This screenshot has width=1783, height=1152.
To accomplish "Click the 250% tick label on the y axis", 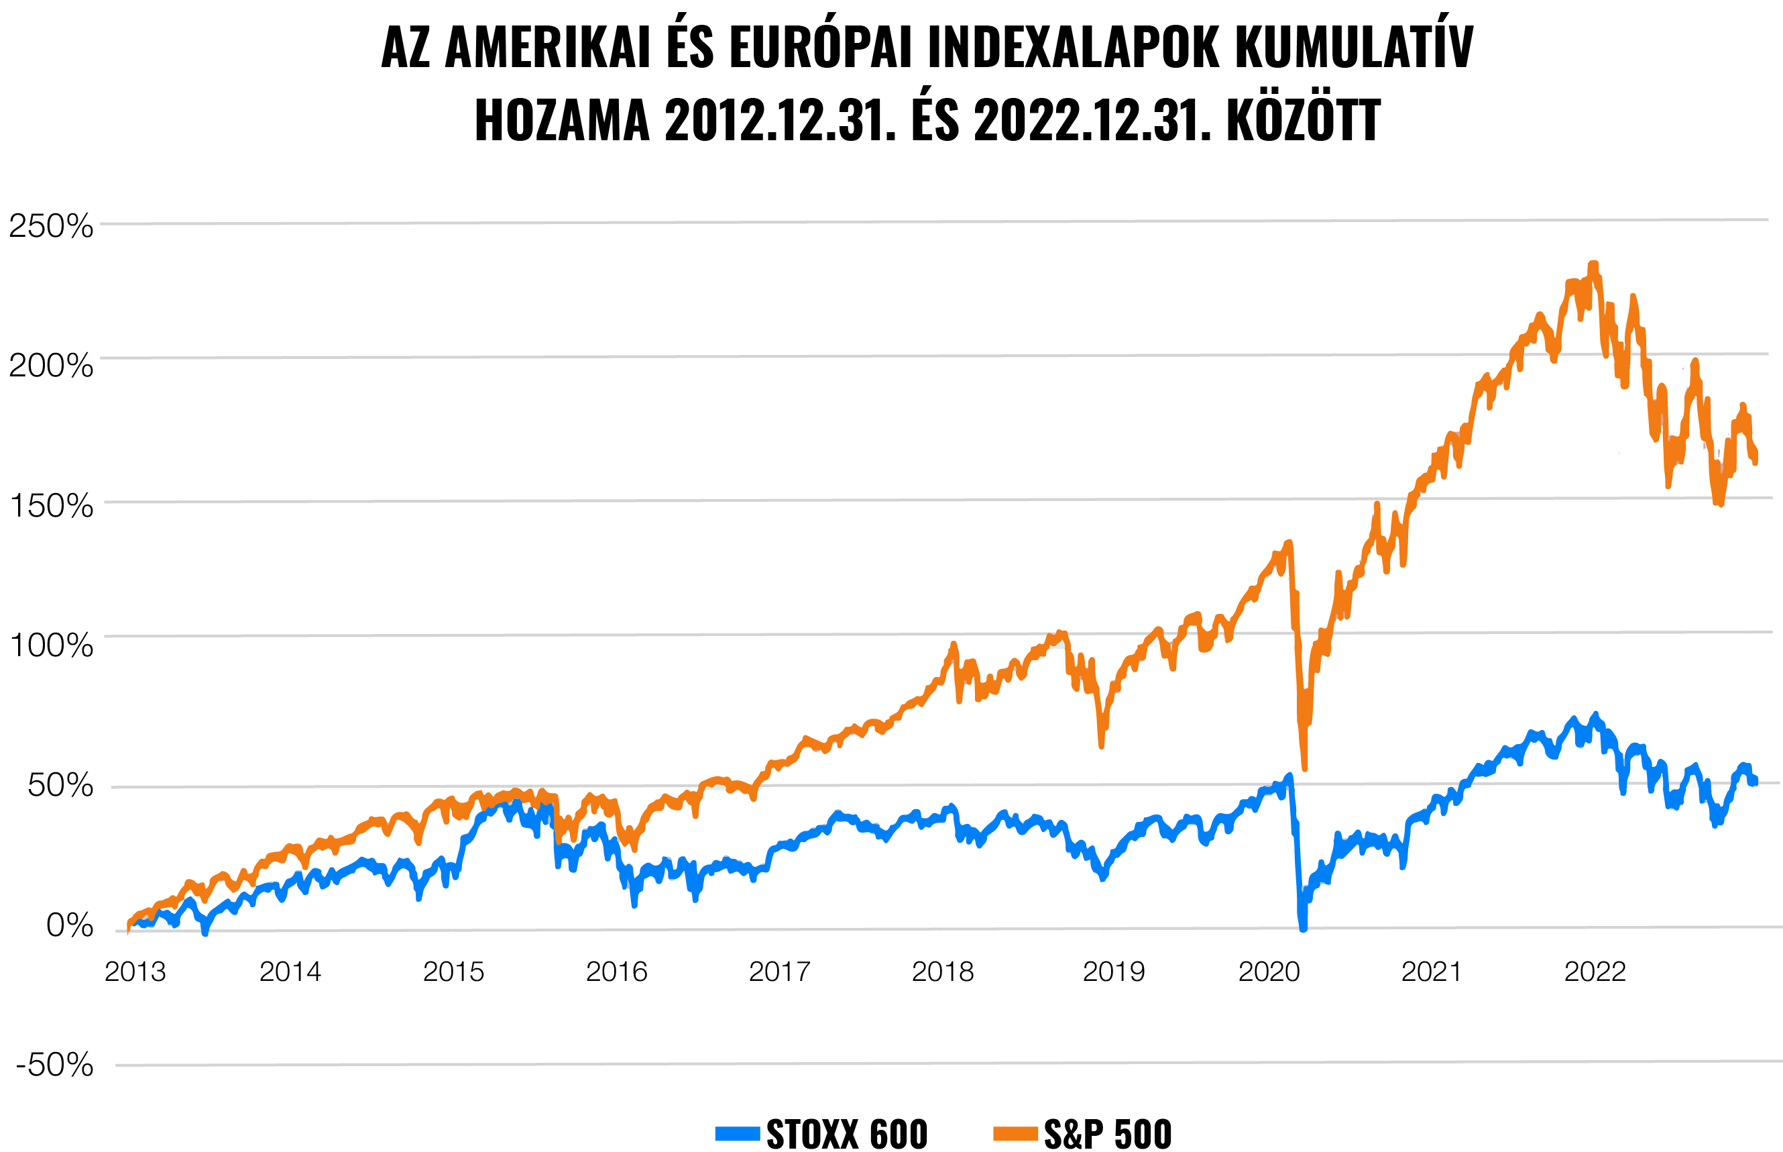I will (51, 225).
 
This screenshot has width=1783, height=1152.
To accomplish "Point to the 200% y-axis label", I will (51, 366).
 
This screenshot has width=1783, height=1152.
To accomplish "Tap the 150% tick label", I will (51, 506).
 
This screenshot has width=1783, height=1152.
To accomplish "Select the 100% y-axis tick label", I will (51, 645).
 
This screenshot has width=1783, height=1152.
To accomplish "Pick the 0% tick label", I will (70, 925).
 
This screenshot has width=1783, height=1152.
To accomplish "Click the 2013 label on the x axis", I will (135, 972).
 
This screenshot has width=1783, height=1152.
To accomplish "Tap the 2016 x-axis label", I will (616, 972).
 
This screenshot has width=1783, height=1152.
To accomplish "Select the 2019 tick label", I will (1114, 972).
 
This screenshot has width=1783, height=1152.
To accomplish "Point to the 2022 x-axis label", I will (1595, 972).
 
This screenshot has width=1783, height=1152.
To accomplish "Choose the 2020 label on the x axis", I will (1269, 972).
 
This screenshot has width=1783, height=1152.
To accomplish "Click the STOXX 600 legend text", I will (847, 1133).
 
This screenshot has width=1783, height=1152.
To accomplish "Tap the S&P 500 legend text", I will (1108, 1133).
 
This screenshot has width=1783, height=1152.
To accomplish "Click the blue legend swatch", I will (737, 1133).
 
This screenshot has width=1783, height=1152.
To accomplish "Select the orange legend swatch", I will (1015, 1133).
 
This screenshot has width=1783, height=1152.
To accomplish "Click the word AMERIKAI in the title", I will (547, 47).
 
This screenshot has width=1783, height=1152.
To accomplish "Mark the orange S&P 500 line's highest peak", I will (1593, 264).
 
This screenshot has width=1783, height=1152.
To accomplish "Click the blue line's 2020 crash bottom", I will (1303, 928).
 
